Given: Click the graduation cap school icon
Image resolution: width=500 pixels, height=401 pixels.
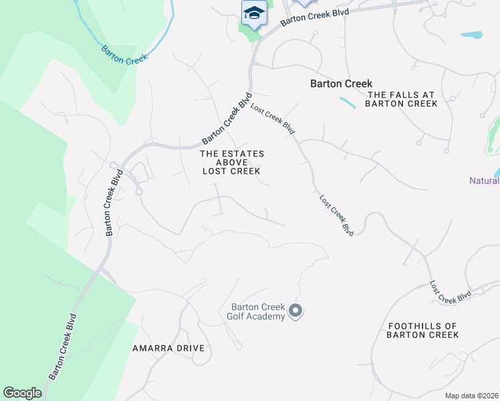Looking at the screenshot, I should coord(254,13).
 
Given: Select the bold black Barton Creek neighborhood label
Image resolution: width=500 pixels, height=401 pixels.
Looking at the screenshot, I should coord(341,84).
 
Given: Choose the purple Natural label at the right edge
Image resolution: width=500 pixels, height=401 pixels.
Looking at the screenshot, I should coord(484,180).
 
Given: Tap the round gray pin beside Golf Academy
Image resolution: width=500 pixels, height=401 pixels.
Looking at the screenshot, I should coord(295,310).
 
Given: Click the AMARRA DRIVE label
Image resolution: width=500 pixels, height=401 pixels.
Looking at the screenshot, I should coord(167,349).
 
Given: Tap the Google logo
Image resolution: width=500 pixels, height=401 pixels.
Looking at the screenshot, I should coord(22,393).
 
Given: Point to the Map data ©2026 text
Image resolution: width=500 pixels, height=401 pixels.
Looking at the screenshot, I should coord(471,396).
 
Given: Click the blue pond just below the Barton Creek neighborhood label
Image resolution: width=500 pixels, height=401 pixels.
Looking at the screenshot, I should coord(348,103).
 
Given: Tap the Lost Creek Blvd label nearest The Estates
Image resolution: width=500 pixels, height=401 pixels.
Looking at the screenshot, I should coord(273,117).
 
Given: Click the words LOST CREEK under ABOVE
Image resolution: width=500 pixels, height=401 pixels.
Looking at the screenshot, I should coord(231,171).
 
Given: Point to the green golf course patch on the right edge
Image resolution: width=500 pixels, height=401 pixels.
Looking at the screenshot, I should coord(494,134).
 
